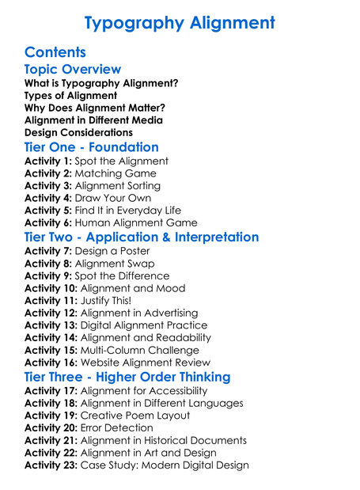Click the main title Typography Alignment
click(180, 22)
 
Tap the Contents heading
click(55, 52)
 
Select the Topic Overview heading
click(73, 70)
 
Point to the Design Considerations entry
click(79, 132)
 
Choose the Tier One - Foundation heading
click(92, 147)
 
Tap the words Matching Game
click(116, 173)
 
